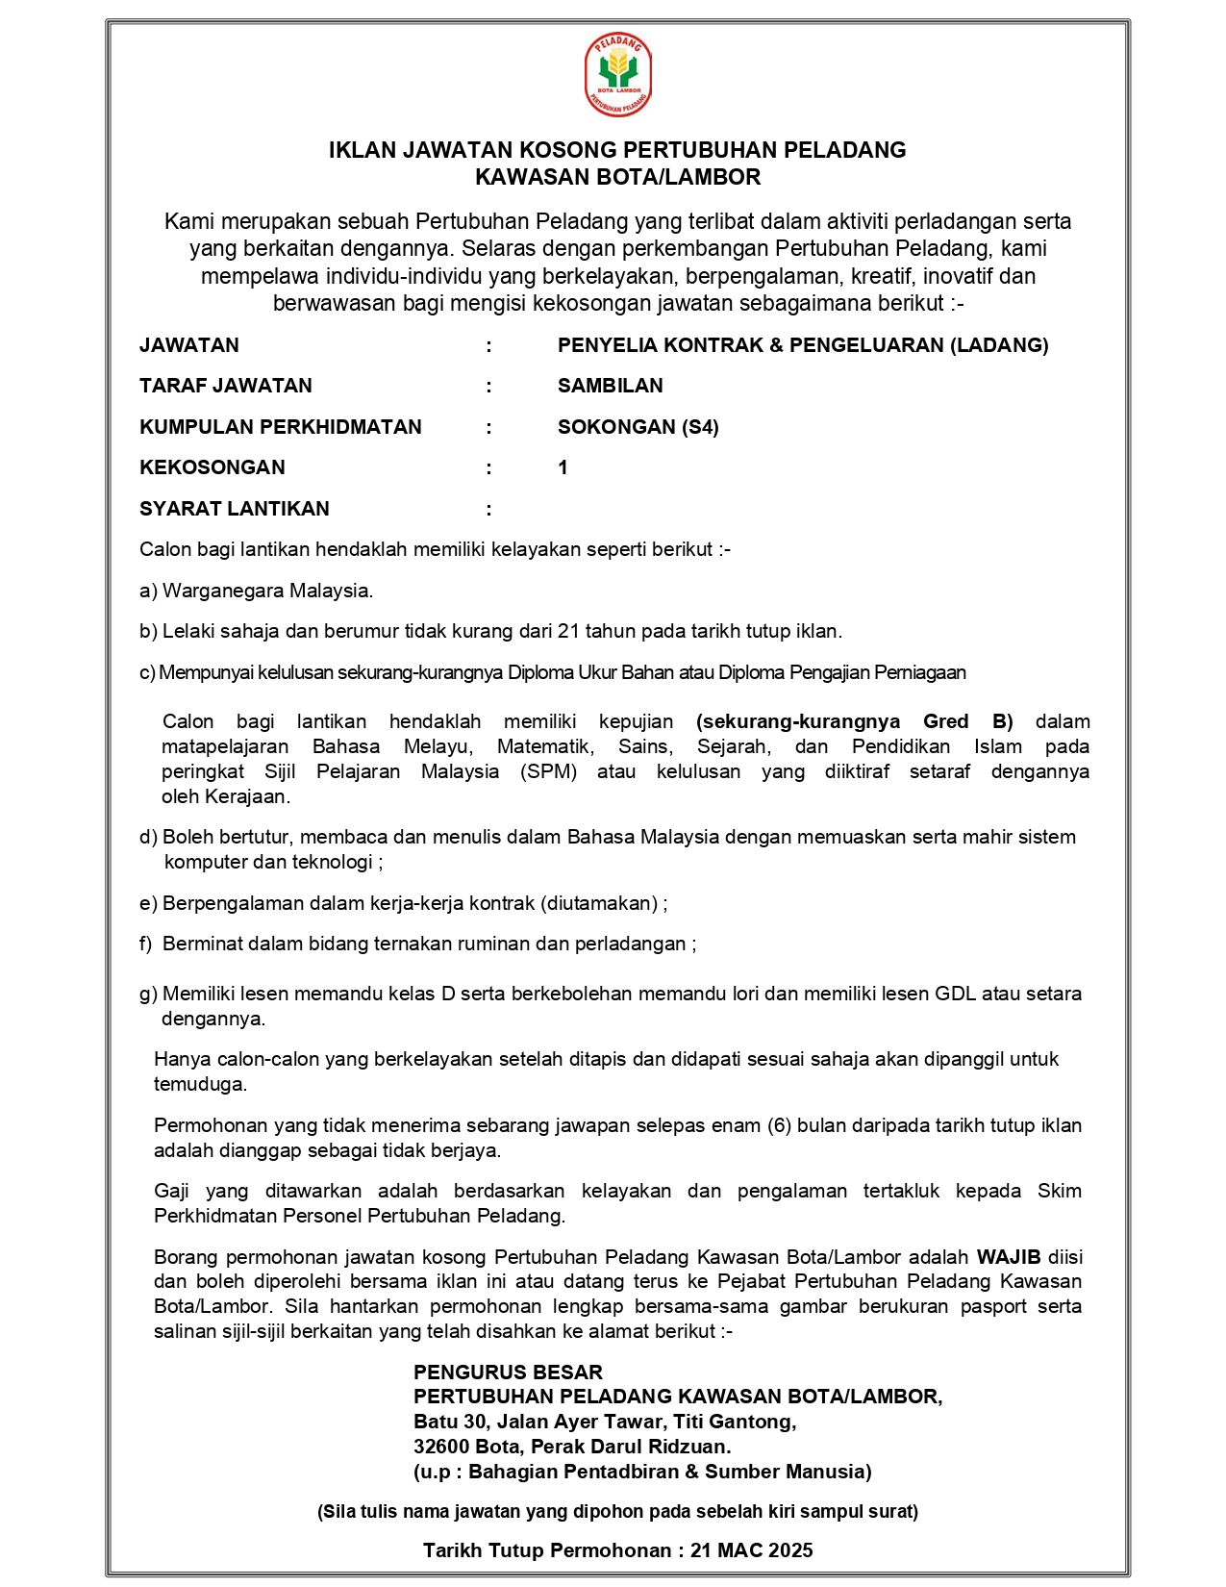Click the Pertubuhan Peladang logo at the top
point(617,75)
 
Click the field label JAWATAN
point(189,345)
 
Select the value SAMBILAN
point(611,386)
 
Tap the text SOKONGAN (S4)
point(638,427)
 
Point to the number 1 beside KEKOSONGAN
point(563,467)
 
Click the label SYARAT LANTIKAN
point(235,509)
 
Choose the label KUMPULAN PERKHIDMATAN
point(281,427)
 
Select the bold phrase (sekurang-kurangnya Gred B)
point(854,721)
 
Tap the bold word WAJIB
point(1009,1257)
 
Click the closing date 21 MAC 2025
point(752,1550)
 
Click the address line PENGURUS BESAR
point(508,1373)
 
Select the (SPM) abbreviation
point(549,771)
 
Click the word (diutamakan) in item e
point(599,903)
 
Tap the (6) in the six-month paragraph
point(779,1125)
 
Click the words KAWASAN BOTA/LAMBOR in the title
point(617,177)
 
